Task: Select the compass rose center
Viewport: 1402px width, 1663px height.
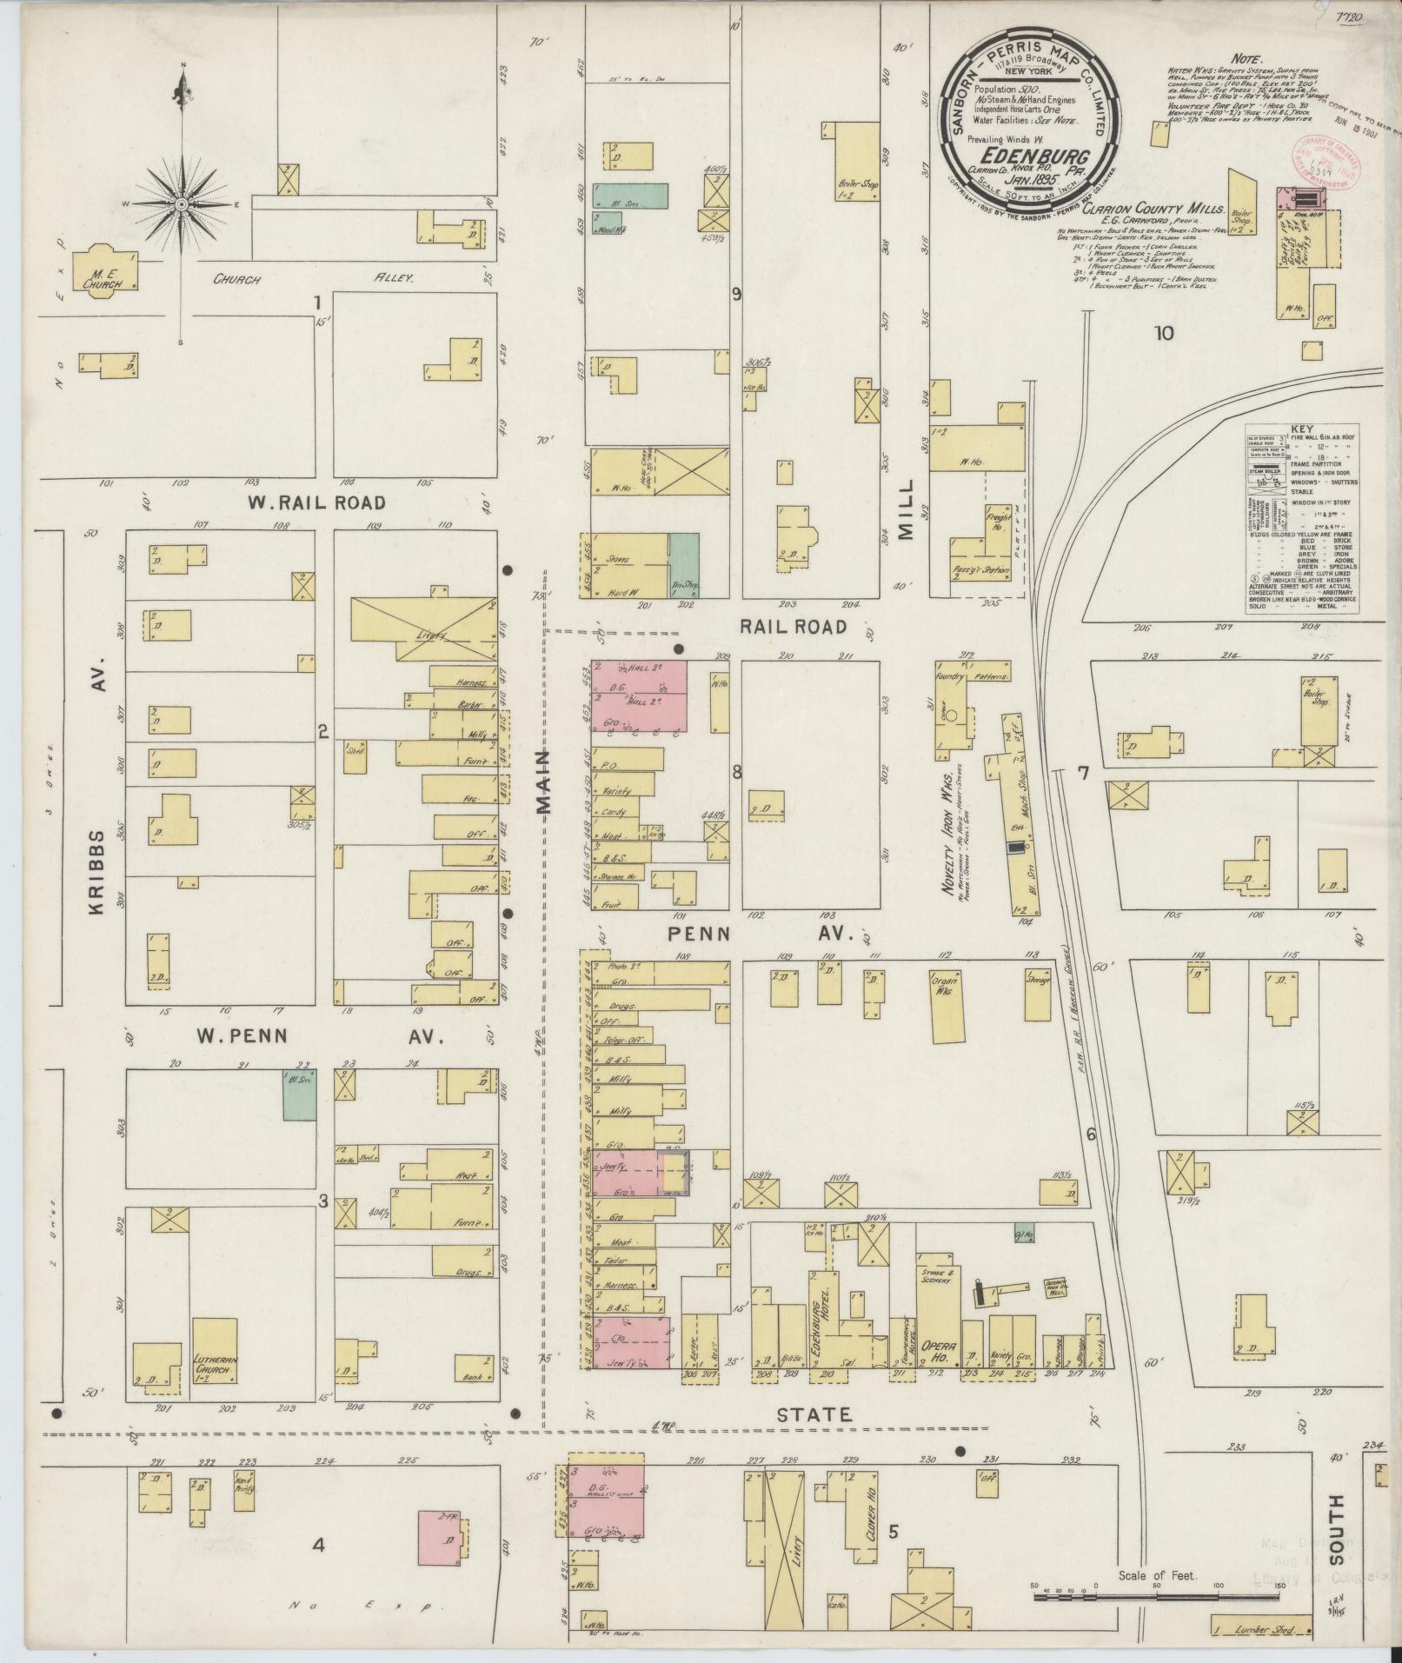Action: click(182, 204)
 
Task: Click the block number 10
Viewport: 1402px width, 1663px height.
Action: click(1163, 333)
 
